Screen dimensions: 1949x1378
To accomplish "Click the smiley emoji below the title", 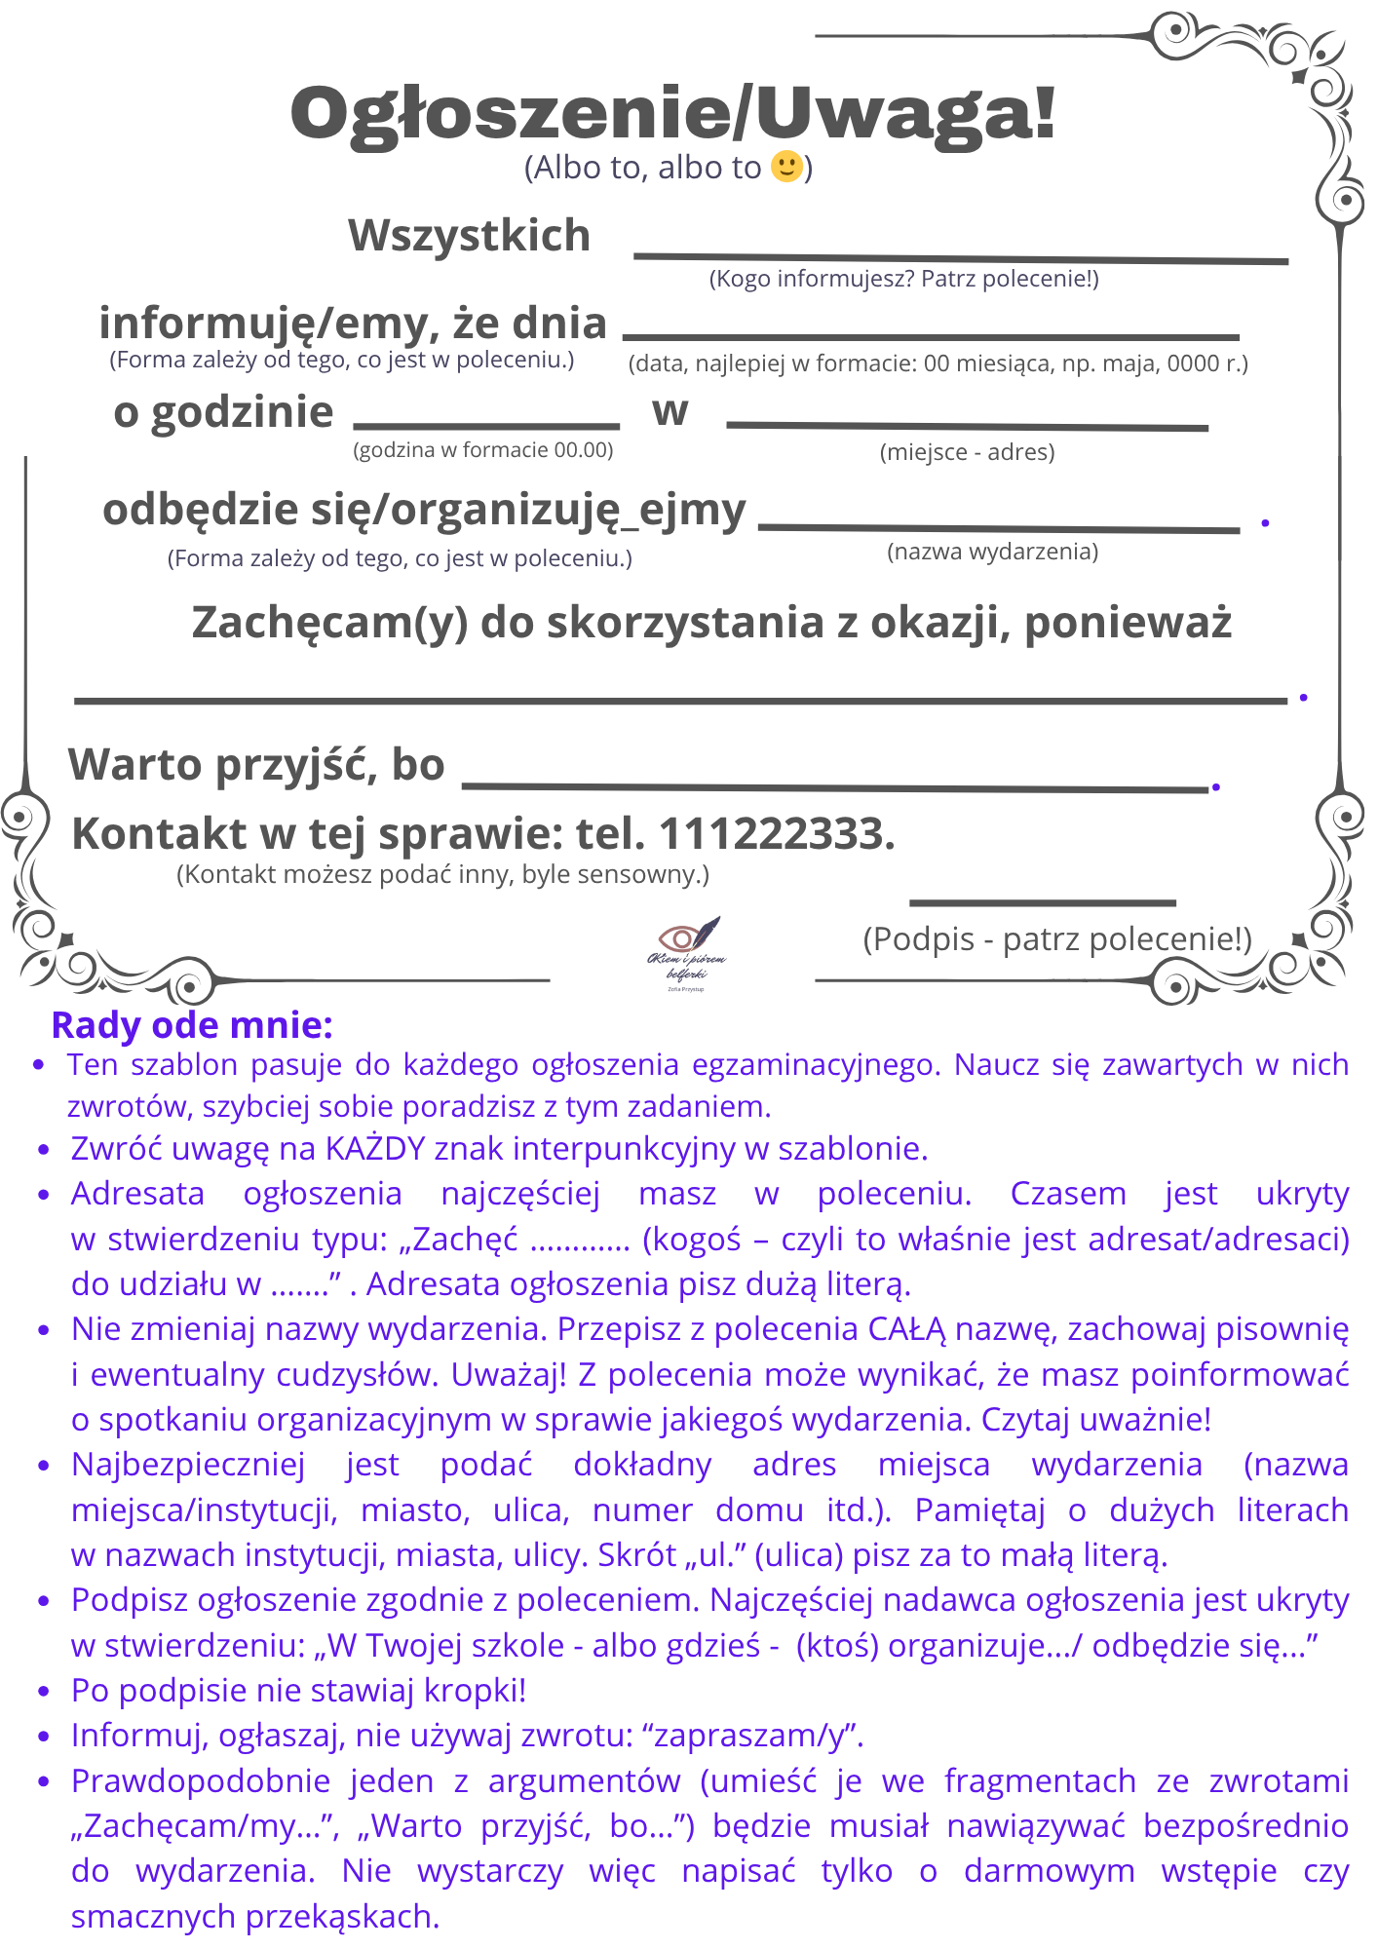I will (786, 167).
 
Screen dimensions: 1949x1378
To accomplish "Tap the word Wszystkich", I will (469, 236).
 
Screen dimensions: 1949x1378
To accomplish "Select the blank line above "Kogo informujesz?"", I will (961, 258).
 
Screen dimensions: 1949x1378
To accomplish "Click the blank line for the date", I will (931, 337).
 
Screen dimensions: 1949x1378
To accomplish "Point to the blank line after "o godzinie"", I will (486, 426).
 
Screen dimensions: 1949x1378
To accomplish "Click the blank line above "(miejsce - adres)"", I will (967, 426).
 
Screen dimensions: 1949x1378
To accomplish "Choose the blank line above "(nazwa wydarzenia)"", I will (999, 528).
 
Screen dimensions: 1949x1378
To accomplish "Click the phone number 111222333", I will (777, 834).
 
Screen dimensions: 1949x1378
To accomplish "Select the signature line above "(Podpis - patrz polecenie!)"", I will (1042, 903).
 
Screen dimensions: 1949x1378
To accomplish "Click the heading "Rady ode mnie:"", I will (192, 1025).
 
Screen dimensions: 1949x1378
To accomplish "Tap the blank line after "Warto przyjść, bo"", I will (835, 786).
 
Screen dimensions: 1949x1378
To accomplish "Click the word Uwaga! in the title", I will (905, 114).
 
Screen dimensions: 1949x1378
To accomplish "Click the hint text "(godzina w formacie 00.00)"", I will (482, 450).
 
